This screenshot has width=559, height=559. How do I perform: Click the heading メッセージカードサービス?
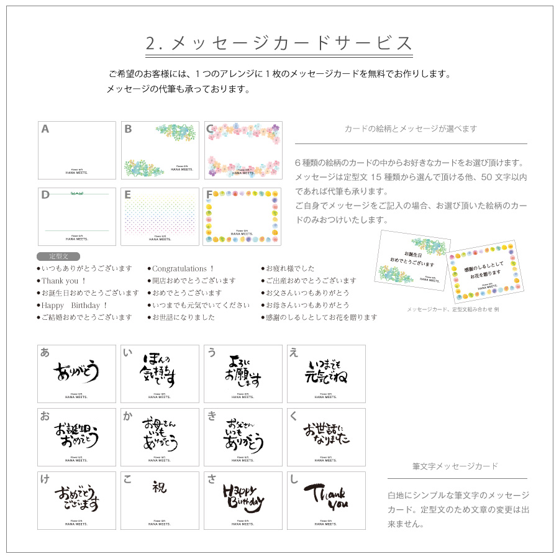(279, 43)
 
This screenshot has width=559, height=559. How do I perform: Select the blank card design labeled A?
(77, 150)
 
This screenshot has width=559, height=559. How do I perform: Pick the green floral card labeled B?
(160, 150)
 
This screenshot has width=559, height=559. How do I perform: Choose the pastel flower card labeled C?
(243, 150)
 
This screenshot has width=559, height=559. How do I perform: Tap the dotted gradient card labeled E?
(160, 217)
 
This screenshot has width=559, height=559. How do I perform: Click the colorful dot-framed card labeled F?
(243, 217)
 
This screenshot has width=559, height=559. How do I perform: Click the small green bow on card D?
(76, 194)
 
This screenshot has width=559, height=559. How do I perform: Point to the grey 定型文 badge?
(58, 256)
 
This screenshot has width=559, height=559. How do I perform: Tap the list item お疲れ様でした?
(290, 268)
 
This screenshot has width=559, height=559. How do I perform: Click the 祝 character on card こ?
(160, 487)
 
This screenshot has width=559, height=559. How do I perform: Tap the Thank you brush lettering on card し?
(326, 495)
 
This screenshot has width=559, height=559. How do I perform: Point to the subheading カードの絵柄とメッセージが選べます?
(411, 129)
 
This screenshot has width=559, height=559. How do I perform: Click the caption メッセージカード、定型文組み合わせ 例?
(453, 309)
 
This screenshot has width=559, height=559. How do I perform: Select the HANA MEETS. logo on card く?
(326, 460)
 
